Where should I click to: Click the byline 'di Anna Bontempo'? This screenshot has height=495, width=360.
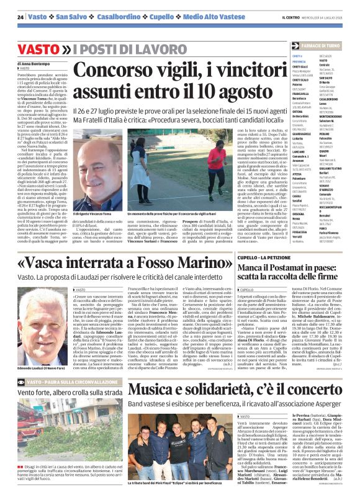37,63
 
